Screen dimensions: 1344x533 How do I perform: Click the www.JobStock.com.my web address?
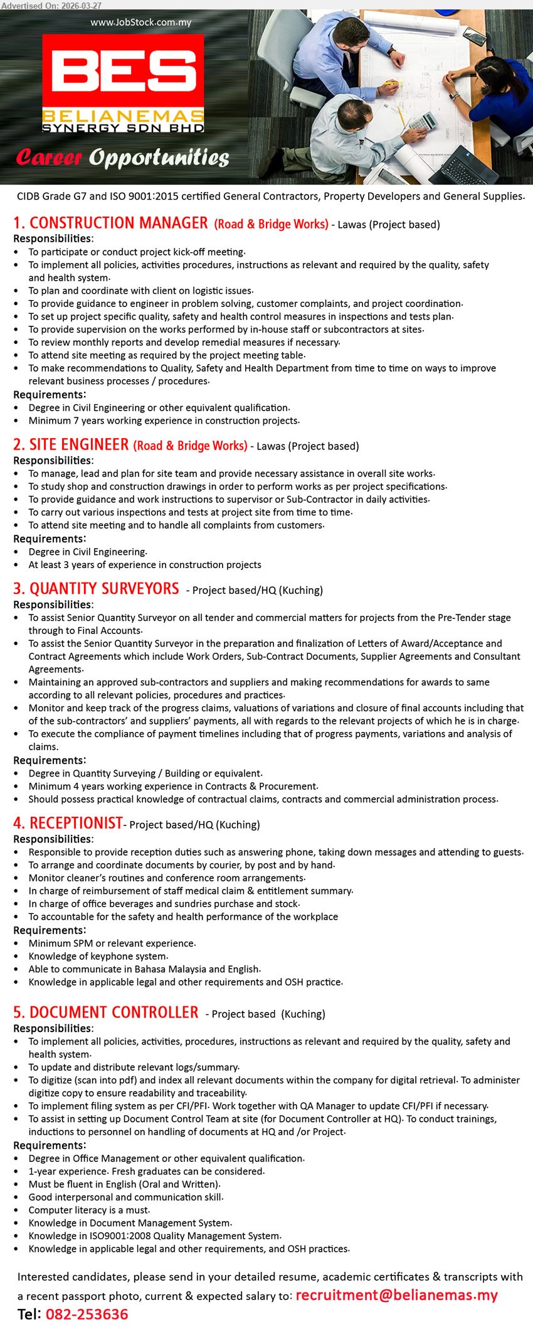coord(140,23)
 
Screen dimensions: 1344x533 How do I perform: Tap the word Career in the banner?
coord(49,157)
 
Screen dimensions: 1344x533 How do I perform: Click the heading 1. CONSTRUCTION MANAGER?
coord(110,223)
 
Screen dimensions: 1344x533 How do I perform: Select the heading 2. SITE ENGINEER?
coord(71,445)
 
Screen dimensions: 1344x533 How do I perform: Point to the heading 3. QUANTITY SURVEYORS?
coord(96,589)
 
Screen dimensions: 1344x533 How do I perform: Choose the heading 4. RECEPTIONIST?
coord(68,823)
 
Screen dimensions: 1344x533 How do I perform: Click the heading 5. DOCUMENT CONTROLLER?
coord(105,1013)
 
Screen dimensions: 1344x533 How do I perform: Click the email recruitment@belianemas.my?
coord(396,1295)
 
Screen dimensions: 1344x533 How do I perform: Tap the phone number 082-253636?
coord(87,1314)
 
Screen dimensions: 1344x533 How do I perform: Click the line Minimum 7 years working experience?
coord(164,421)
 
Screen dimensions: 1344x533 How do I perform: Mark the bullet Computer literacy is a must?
coord(89,1210)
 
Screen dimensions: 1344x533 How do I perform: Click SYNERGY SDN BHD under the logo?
coord(123,128)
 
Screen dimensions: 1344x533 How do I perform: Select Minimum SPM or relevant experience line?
coord(112,943)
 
